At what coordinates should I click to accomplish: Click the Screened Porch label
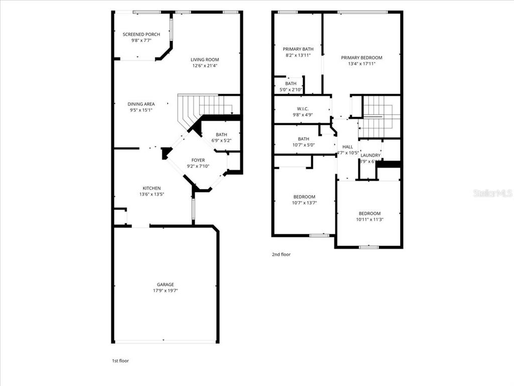142,34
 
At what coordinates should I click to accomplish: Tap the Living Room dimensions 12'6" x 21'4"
205,65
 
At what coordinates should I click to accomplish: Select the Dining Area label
141,104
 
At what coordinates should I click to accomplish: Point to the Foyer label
198,160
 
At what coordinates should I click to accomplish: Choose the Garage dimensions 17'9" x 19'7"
165,291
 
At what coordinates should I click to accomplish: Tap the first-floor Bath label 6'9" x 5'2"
221,135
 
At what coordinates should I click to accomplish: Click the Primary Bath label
298,49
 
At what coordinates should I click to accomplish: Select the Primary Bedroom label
361,58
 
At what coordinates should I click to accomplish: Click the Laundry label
370,155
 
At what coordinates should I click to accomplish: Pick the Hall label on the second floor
347,147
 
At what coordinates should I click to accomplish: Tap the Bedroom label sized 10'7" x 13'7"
304,197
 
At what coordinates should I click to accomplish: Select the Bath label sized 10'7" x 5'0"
303,139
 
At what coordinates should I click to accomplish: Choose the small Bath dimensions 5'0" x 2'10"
291,90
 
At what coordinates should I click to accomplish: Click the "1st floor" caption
120,360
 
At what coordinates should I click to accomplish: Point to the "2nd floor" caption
281,254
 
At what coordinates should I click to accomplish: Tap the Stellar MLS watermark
492,193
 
